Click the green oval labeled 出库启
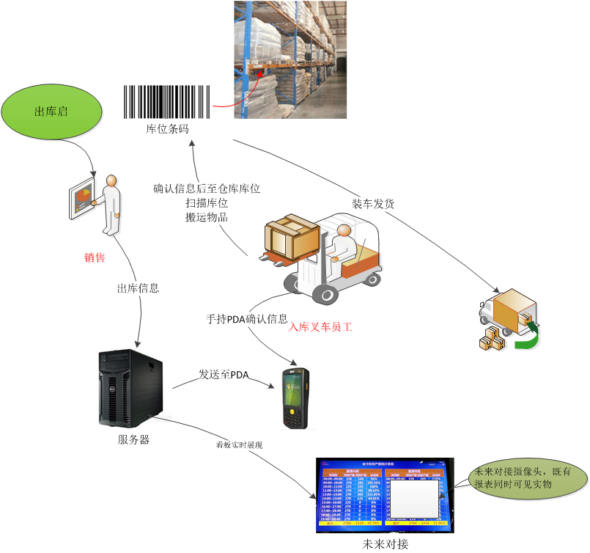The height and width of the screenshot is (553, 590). (x=51, y=111)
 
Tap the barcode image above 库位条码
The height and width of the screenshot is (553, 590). (x=167, y=101)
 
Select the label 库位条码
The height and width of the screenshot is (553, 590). (x=167, y=128)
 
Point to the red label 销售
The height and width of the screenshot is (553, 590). (x=95, y=257)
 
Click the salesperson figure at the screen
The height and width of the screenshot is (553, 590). (x=110, y=205)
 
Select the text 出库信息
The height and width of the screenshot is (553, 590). (x=138, y=288)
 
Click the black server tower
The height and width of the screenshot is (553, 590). (x=129, y=388)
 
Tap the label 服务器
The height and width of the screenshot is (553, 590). (x=133, y=440)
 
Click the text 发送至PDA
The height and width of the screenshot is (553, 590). (x=224, y=375)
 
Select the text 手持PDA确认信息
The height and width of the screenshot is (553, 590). (x=247, y=320)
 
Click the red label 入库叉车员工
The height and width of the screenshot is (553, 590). (x=321, y=328)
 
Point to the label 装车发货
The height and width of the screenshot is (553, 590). (x=374, y=204)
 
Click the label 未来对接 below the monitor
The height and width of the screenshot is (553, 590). (x=386, y=544)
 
